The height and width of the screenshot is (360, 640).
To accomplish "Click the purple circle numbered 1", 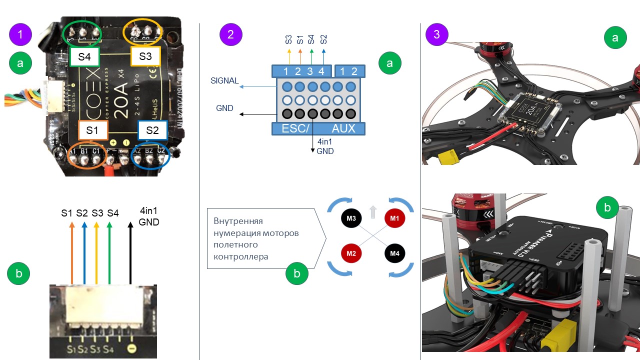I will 20,34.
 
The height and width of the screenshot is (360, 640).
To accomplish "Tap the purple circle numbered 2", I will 230,34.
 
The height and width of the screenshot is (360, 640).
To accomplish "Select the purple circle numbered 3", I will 436,34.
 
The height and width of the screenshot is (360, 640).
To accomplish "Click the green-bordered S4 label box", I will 84,56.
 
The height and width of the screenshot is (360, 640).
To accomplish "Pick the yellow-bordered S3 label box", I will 145,56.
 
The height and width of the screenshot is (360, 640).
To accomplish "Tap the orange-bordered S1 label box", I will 92,130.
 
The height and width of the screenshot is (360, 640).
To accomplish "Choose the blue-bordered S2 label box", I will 153,130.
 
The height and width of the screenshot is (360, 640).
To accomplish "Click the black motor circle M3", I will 351,219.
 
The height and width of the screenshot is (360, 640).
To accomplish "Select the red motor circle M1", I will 395,219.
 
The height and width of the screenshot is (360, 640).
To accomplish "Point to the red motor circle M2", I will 351,253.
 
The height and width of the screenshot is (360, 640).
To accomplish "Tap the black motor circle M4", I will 395,253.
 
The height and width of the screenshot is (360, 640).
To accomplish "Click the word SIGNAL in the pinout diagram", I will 224,80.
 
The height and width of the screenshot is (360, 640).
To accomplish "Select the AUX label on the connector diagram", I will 343,128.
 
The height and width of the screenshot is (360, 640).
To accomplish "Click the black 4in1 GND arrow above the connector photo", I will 131,252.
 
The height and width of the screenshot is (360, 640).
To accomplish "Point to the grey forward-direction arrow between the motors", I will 373,212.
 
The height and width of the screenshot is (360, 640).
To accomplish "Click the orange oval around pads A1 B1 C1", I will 86,158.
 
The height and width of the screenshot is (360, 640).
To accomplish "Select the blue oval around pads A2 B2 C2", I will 150,158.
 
